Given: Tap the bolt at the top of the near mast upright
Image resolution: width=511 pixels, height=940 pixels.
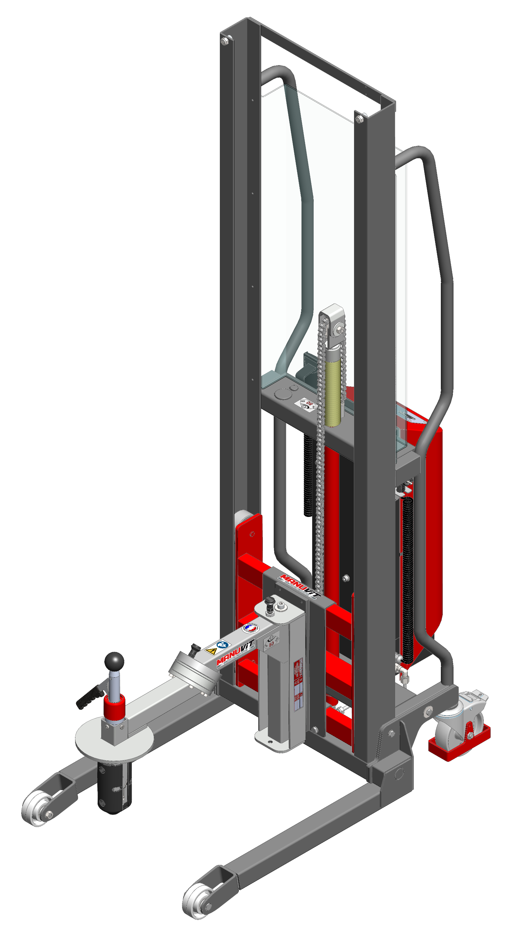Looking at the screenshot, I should point(360,118).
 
